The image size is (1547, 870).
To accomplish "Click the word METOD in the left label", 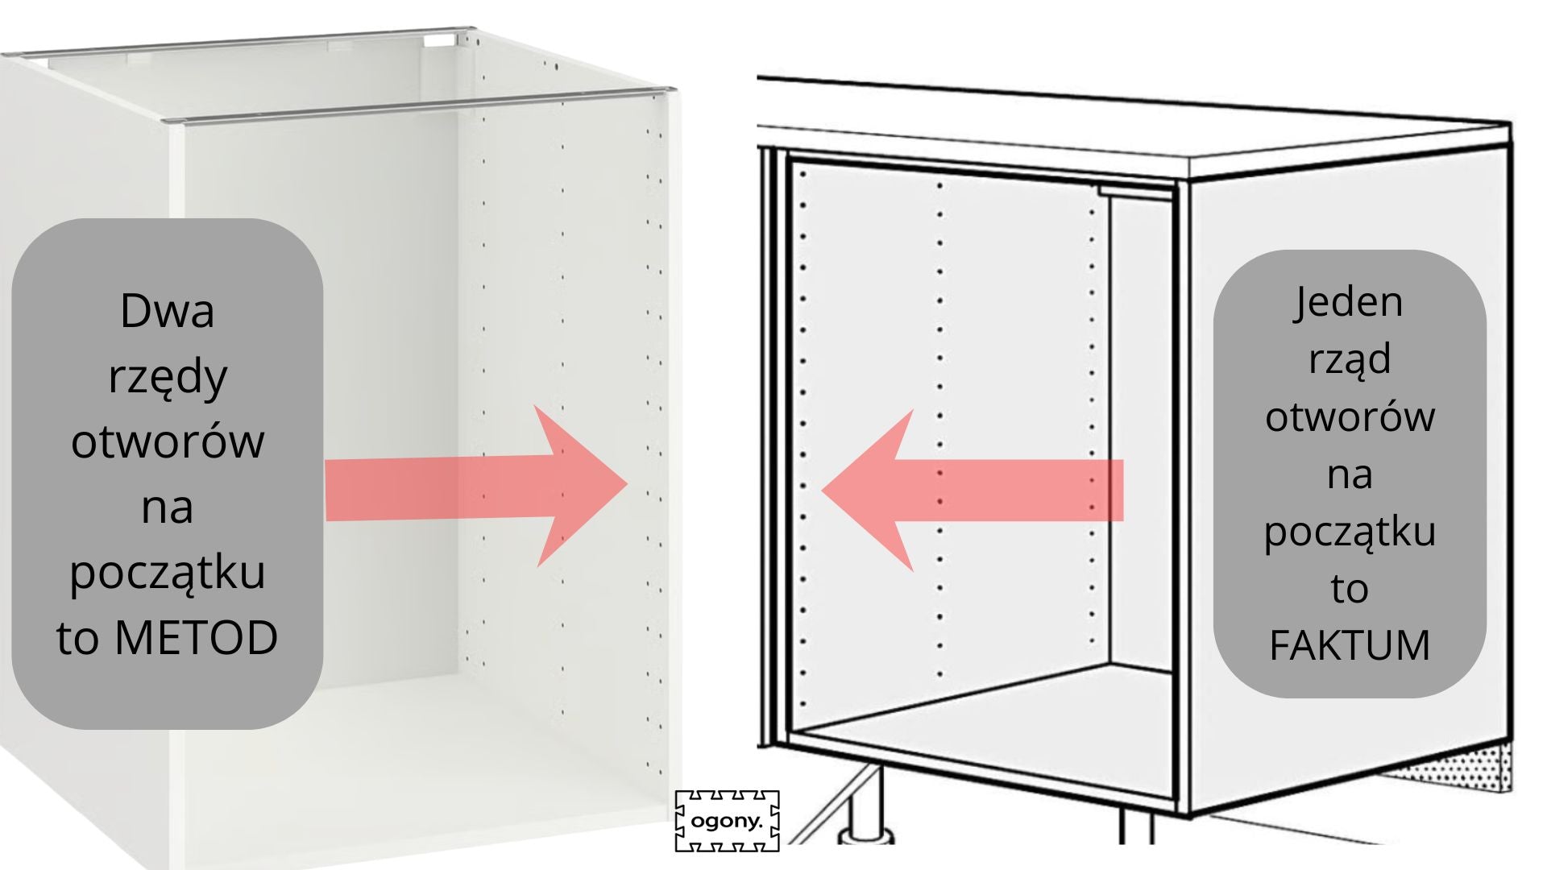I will point(197,637).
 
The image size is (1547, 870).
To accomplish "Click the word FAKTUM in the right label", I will point(1350,644).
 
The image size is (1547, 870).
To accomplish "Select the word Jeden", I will point(1350,302).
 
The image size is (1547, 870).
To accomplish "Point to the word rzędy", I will point(168,377).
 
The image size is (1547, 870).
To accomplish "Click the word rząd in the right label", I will point(1350,359).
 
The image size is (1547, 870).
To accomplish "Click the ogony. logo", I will point(727,821).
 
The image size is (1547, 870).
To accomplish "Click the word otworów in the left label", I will point(168,441).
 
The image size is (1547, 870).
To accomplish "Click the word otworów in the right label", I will point(1350,416).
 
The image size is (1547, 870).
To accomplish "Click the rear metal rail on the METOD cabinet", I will point(242,45).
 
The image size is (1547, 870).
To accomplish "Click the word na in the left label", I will point(168,507).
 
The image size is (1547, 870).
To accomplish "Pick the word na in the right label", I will point(1350,474).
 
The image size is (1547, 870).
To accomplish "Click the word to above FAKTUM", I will point(1350,589).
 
